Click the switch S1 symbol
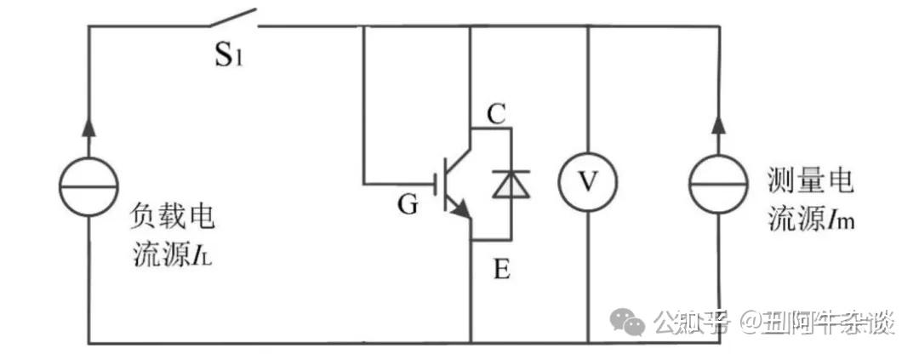click(232, 19)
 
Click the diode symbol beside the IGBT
click(511, 183)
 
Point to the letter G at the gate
click(408, 205)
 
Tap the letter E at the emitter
click(501, 271)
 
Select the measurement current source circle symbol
click(718, 183)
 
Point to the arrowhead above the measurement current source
click(718, 123)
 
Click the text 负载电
click(172, 215)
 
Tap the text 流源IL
click(172, 254)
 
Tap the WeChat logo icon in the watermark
click(631, 323)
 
